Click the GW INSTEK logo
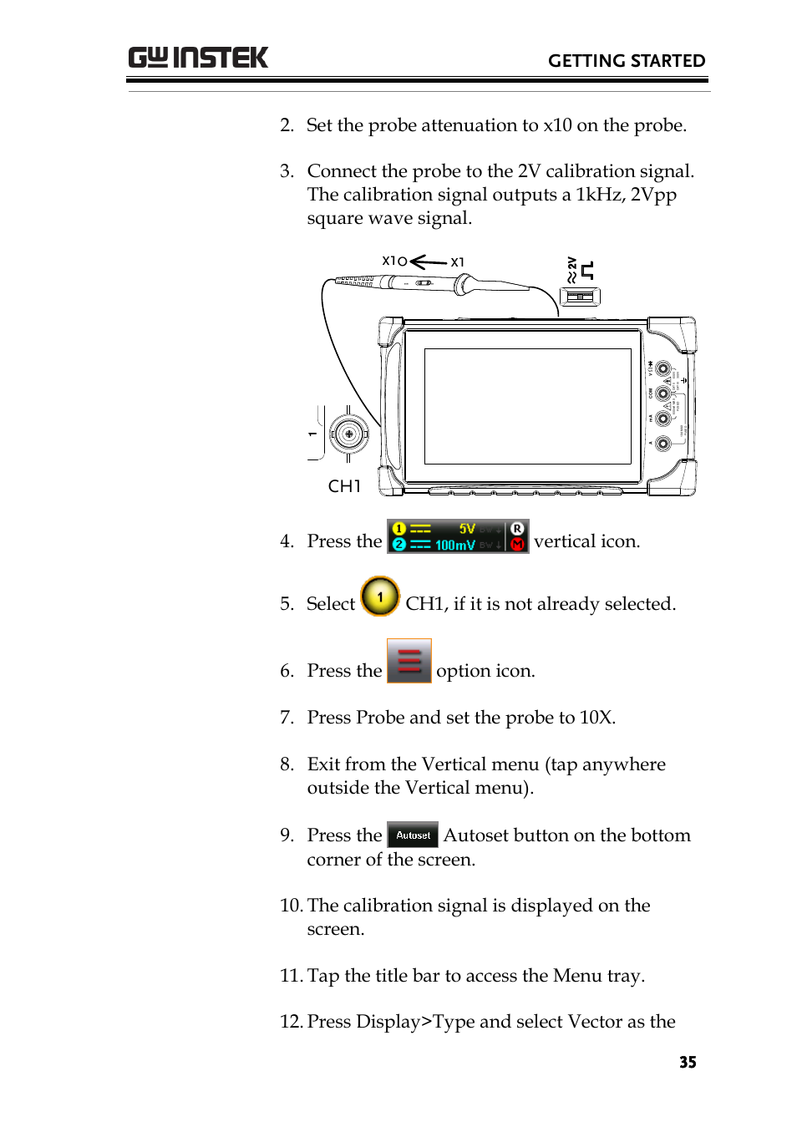click(x=198, y=58)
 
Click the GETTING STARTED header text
click(x=626, y=61)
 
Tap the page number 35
click(x=687, y=1062)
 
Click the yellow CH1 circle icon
click(x=380, y=597)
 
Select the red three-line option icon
click(x=409, y=661)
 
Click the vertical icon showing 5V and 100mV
click(x=457, y=536)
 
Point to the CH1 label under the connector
click(x=344, y=486)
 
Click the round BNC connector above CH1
click(x=348, y=434)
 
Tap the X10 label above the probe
click(x=393, y=261)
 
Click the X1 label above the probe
click(x=457, y=262)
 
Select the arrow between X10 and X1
click(x=428, y=262)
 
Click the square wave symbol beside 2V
click(x=587, y=270)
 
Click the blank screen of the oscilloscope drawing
click(x=527, y=406)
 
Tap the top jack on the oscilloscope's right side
click(x=662, y=368)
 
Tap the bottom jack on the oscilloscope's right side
click(x=662, y=444)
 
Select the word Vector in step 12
click(x=595, y=1022)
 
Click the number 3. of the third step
click(x=287, y=171)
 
